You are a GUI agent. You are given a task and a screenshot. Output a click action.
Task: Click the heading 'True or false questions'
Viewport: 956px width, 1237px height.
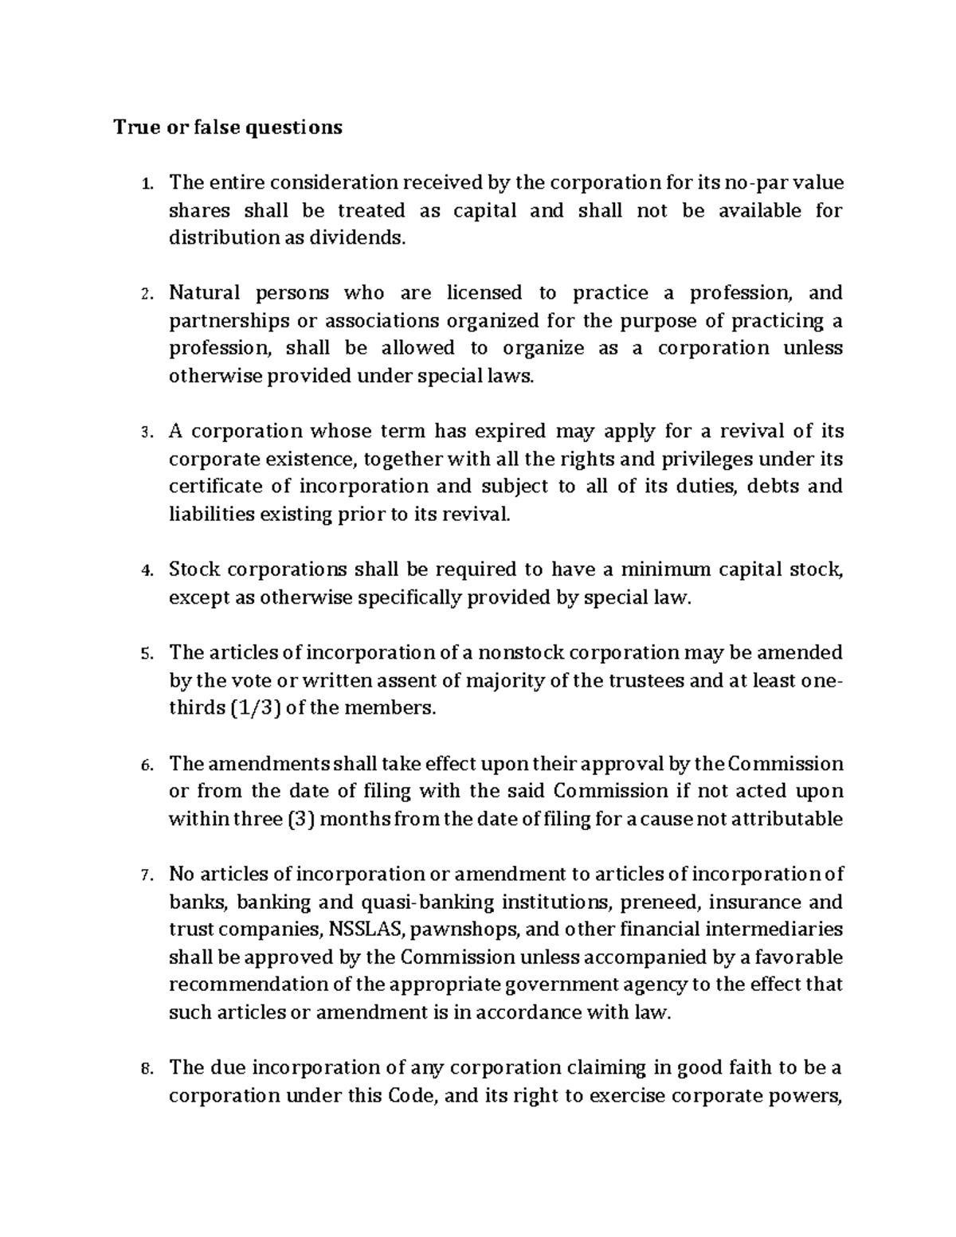tap(228, 127)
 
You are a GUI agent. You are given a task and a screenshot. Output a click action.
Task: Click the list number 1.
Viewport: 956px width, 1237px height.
tap(145, 184)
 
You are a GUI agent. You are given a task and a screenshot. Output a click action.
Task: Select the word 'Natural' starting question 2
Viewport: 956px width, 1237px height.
tap(204, 293)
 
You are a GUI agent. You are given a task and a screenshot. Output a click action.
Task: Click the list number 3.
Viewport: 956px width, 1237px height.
tap(145, 433)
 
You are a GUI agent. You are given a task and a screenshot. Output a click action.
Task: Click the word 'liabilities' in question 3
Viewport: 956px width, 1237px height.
tap(208, 515)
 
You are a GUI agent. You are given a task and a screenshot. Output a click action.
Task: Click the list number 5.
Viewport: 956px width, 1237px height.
tap(145, 654)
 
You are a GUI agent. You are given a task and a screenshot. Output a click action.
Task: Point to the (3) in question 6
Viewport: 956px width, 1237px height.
tap(296, 819)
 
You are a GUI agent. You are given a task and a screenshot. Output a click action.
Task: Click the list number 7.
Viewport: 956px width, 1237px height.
tap(145, 875)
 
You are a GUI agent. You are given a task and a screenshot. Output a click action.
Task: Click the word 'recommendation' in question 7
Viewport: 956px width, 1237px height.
tap(249, 985)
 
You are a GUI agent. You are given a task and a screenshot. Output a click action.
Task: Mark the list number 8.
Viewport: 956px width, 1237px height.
tap(145, 1069)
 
